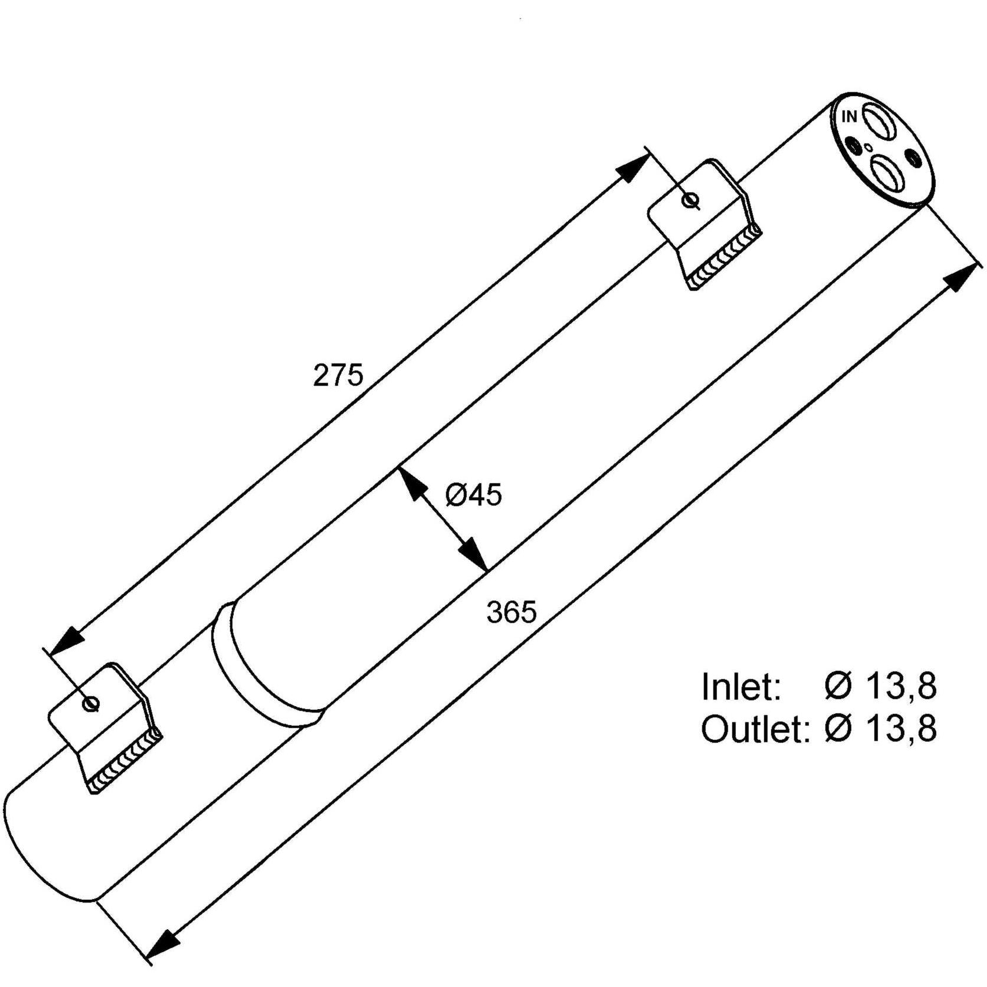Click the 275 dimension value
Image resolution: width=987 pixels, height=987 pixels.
(338, 375)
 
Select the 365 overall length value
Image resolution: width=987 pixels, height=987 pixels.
(511, 612)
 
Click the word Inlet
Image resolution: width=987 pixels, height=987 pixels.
(741, 686)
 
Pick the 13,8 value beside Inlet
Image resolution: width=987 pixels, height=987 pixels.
(901, 686)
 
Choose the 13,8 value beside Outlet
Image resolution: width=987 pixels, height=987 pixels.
(901, 729)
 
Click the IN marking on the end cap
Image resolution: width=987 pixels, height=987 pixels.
(850, 117)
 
